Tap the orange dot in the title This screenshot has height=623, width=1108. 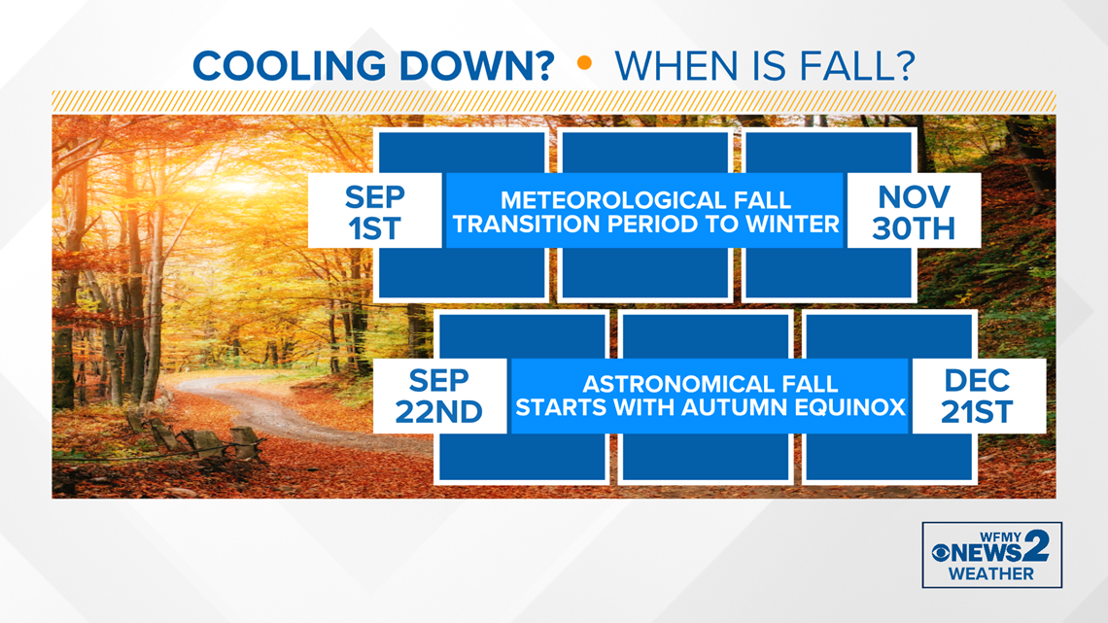584,63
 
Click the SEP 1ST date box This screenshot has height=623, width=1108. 374,212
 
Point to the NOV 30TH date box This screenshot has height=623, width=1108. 914,212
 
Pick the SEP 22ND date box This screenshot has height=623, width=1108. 439,396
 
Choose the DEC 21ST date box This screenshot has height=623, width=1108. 977,396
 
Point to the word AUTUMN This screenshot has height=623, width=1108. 744,407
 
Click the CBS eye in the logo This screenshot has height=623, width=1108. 942,553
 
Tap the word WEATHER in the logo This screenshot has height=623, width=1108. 991,573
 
